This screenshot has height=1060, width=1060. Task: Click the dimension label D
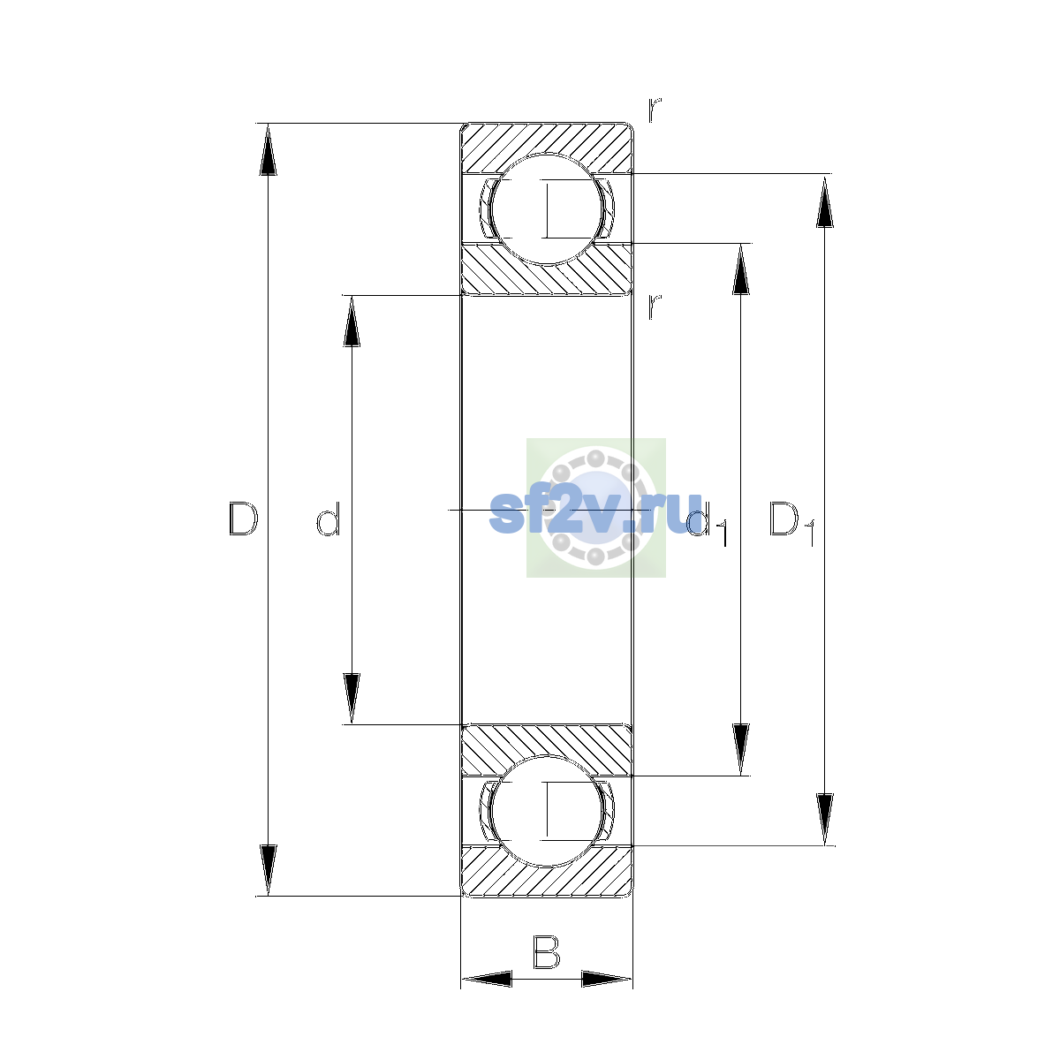243,519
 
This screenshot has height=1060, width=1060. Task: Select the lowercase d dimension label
329,519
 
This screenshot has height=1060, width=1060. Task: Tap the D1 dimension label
791,523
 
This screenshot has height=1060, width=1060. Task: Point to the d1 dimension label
708,523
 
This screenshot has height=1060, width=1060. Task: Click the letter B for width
546,951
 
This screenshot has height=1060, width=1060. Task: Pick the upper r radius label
654,110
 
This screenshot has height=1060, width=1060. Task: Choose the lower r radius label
654,307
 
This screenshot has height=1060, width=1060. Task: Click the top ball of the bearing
546,208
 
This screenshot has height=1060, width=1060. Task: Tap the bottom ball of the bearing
546,812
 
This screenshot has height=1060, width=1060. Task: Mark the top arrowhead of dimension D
268,149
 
